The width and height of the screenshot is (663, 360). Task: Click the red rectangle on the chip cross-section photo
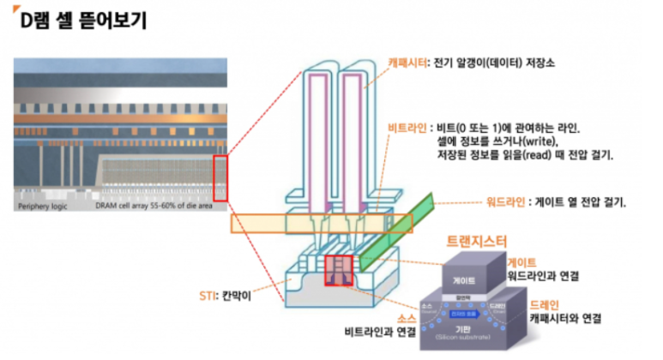pos(220,177)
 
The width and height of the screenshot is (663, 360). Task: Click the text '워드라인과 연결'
pos(543,276)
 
